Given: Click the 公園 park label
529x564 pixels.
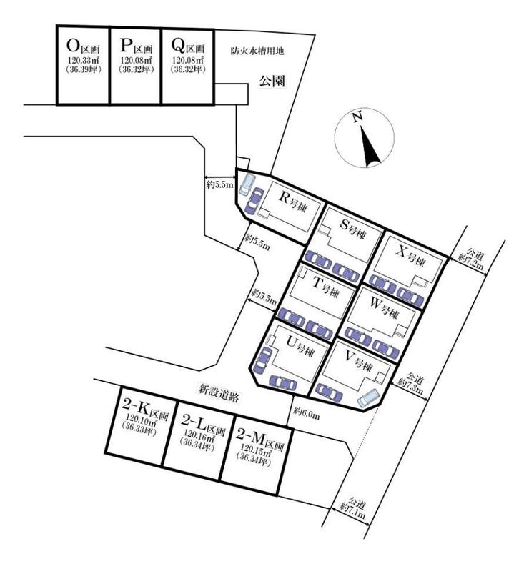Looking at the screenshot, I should (272, 82).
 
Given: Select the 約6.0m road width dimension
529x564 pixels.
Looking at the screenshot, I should (306, 412).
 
